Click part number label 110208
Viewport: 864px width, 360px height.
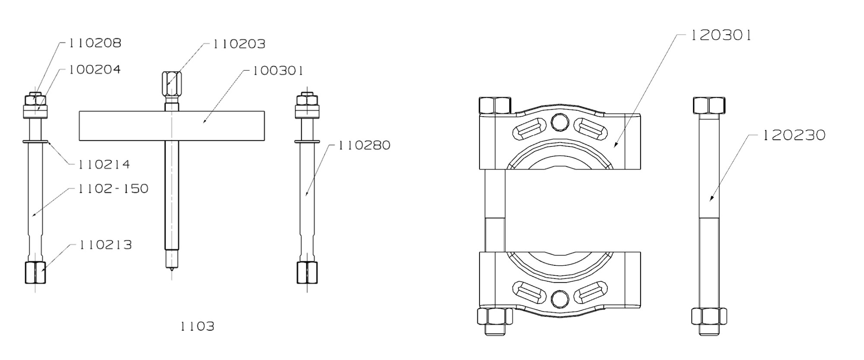[x=95, y=43]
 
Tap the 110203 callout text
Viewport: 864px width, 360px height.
[x=239, y=44]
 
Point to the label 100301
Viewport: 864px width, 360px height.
[x=278, y=70]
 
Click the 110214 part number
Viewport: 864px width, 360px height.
[x=104, y=164]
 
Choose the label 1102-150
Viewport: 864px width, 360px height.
[x=113, y=188]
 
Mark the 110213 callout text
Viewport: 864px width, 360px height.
[x=105, y=245]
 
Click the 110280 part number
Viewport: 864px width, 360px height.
[x=364, y=145]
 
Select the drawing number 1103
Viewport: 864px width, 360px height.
[x=197, y=326]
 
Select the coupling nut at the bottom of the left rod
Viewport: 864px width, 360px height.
[x=35, y=272]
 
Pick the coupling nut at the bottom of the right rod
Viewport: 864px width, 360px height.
[x=307, y=272]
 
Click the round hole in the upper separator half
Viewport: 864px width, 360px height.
[x=560, y=123]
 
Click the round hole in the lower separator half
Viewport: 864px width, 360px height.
[x=560, y=298]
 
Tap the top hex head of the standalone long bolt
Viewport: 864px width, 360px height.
[x=709, y=105]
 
